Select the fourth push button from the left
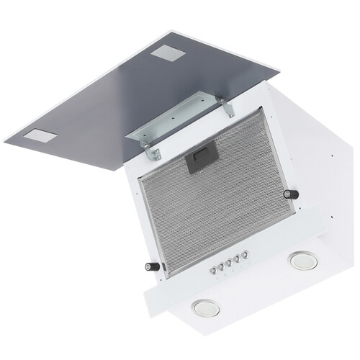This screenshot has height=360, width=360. (x=237, y=258)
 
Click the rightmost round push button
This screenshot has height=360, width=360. (x=245, y=254)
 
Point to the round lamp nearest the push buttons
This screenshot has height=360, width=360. (x=303, y=261)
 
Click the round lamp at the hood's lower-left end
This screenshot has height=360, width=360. (x=206, y=307)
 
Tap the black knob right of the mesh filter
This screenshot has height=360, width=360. (x=292, y=194)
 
